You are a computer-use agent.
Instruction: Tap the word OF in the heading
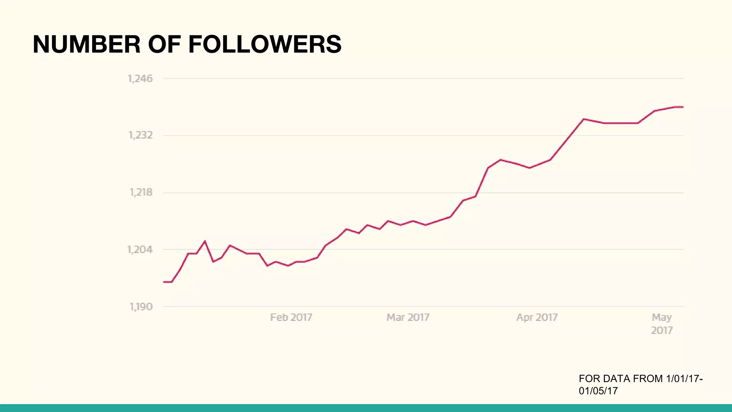coord(164,44)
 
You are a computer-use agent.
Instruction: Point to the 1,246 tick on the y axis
coord(140,79)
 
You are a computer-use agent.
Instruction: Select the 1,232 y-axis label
coord(140,135)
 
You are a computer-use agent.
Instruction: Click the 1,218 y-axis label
coord(140,192)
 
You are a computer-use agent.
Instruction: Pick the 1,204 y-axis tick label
coord(140,249)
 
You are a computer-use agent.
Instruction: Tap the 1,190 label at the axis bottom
coord(141,306)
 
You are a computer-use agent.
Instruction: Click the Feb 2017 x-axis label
coord(291,317)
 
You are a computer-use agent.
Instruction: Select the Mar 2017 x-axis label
coord(408,317)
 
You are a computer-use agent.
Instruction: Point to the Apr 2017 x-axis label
coord(537,317)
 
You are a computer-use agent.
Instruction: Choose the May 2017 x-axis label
coord(662,323)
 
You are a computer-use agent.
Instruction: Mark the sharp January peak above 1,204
coord(205,241)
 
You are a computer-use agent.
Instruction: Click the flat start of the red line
coord(167,282)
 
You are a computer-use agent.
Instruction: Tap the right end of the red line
coord(683,107)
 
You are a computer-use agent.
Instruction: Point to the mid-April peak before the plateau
coord(583,119)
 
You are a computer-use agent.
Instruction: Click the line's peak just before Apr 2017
coord(500,160)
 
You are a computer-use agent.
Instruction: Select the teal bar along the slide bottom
coord(366,408)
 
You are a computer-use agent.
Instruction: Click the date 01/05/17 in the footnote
coord(598,391)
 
